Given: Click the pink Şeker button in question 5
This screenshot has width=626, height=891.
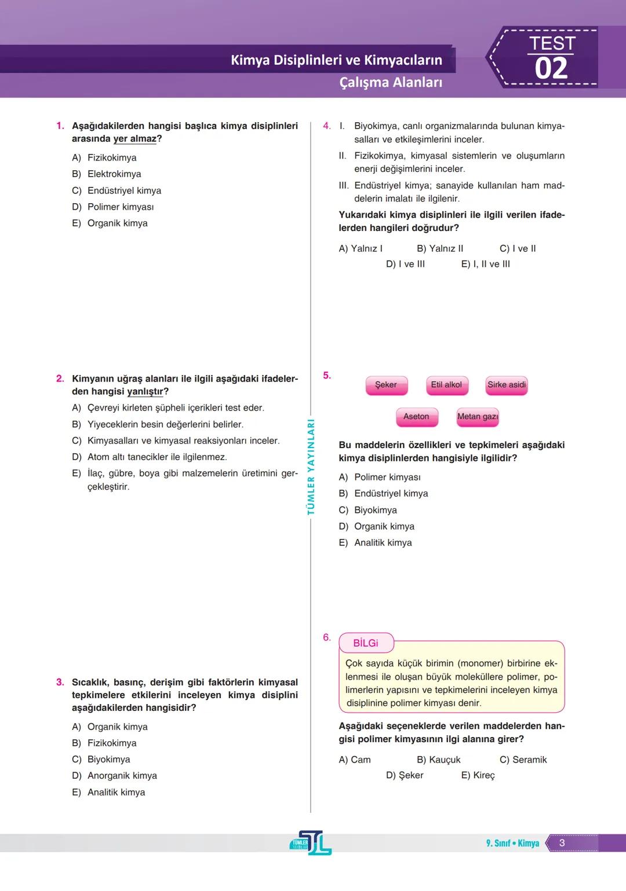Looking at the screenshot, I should click(x=386, y=385).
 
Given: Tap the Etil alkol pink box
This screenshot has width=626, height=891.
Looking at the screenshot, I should click(x=446, y=385).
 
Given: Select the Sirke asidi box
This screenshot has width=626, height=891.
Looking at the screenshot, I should click(x=507, y=385).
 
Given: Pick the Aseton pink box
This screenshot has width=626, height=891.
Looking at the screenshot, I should click(x=416, y=417).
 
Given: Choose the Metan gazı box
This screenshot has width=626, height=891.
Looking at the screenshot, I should click(x=478, y=417).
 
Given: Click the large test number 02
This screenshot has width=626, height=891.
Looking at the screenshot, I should click(x=551, y=69).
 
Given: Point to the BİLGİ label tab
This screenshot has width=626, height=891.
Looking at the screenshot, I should click(x=366, y=643).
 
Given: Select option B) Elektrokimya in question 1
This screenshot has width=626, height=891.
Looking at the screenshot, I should click(x=107, y=174).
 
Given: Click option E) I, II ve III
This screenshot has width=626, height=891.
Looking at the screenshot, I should click(x=486, y=264).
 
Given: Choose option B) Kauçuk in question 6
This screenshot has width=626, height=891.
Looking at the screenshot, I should click(x=439, y=760).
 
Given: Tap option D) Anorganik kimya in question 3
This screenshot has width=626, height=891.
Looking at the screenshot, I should click(x=115, y=776).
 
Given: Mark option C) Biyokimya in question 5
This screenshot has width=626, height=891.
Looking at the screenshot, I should click(x=368, y=510).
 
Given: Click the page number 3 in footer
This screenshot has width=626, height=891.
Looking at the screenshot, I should click(x=562, y=843).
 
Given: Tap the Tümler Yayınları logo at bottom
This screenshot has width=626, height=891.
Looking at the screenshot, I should click(x=311, y=843).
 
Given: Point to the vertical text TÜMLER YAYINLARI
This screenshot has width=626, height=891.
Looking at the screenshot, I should click(x=311, y=467).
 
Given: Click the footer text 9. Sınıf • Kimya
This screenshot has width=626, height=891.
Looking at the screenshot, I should click(x=512, y=843).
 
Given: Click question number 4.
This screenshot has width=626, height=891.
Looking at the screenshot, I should click(x=327, y=126).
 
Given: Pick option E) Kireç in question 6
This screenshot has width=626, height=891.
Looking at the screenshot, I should click(x=478, y=775).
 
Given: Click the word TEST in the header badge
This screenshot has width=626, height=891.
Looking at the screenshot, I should click(x=552, y=43).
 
